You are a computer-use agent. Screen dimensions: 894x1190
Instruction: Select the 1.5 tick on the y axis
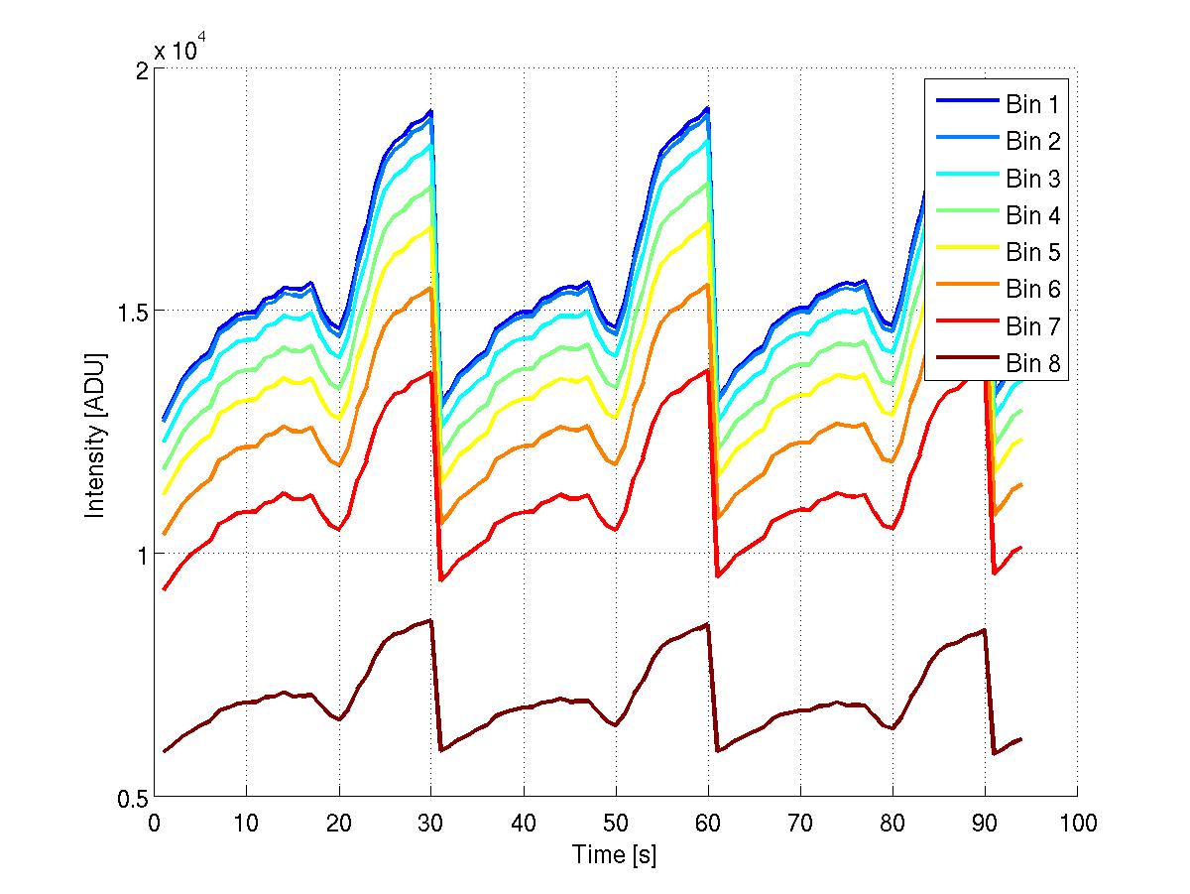click(131, 311)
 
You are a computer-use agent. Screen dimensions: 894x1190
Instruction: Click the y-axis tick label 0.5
click(131, 798)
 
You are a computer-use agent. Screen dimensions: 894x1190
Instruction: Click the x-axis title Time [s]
click(615, 853)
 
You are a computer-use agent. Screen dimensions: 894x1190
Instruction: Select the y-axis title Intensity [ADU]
click(96, 435)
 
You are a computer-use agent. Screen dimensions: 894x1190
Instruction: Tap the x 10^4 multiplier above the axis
click(181, 49)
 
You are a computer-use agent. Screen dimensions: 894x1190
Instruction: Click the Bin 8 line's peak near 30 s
click(430, 620)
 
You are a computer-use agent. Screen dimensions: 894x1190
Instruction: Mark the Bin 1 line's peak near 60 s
click(707, 108)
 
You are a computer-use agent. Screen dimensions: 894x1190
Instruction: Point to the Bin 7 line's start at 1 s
click(164, 589)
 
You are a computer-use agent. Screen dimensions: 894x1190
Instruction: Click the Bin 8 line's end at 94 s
click(1020, 739)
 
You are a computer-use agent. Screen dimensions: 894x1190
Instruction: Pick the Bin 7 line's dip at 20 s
click(339, 529)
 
